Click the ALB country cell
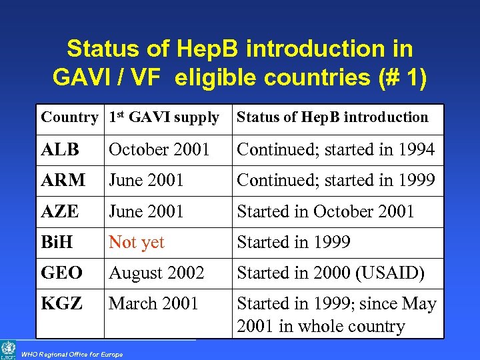pos(60,149)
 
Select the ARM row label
pos(63,180)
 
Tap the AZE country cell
pos(61,211)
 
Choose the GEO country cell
pos(62,273)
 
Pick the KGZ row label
pos(62,303)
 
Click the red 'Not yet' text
pos(137,242)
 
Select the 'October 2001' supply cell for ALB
pos(159,149)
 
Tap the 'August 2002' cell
pos(157,273)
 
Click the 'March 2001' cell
pos(154,303)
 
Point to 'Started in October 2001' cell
pos(326,211)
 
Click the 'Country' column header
pos(69,117)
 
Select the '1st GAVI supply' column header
pos(164,117)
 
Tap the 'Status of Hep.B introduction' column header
pos(333,117)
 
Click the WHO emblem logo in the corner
pos(9,349)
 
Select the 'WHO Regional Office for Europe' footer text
pos(72,353)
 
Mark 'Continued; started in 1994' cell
pos(336,149)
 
